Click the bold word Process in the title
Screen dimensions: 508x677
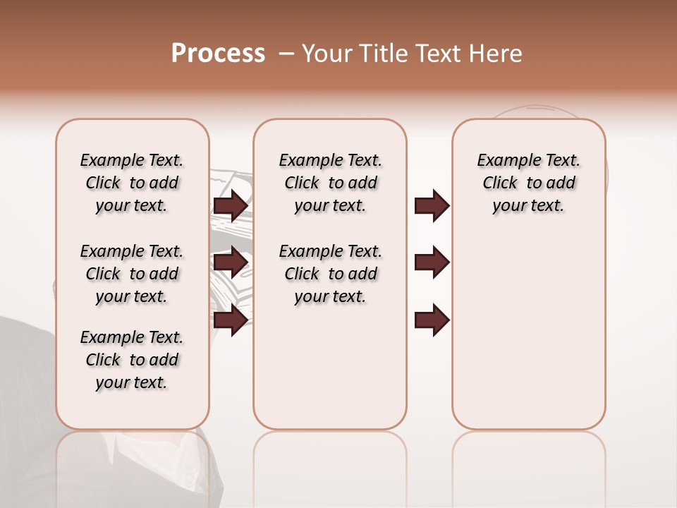point(218,54)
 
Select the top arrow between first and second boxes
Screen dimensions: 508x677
point(230,206)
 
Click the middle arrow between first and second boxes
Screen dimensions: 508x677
point(230,262)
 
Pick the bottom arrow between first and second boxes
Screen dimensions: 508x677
point(230,320)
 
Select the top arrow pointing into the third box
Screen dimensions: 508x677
point(432,206)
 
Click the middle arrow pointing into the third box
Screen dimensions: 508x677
point(432,262)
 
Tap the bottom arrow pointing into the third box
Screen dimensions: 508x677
point(432,320)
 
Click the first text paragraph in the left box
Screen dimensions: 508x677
point(132,183)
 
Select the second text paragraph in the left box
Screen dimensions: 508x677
point(132,274)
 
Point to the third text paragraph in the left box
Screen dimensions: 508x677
point(132,360)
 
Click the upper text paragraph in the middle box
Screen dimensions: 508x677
point(331,183)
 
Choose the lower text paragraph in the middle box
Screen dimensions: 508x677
point(331,274)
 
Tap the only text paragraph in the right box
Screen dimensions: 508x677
point(529,183)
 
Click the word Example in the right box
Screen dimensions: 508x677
point(504,161)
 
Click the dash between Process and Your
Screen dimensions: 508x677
point(286,54)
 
